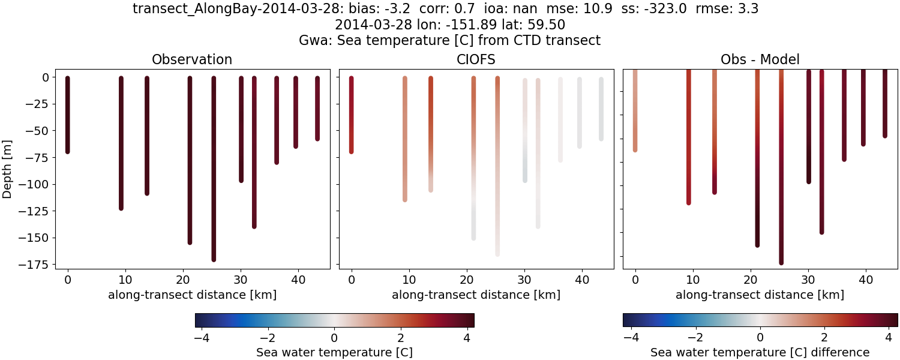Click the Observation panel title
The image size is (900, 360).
[192, 59]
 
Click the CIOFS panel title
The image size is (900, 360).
[476, 59]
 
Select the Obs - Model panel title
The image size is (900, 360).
[760, 59]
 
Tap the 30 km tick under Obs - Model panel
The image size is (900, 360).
[808, 280]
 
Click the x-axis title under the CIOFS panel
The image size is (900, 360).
[476, 295]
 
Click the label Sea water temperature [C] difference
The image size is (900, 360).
[760, 352]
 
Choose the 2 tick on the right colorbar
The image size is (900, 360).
[824, 337]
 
